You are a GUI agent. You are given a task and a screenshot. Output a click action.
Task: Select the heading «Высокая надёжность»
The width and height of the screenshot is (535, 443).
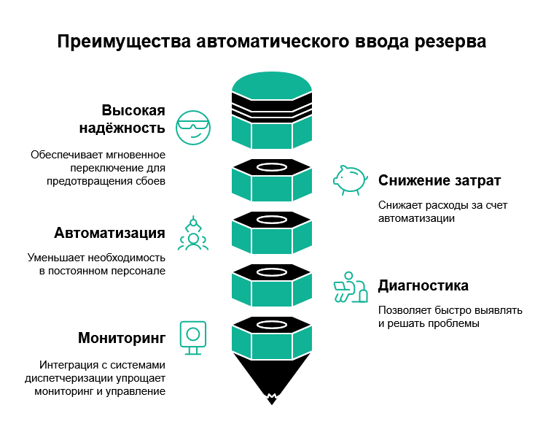[133, 120]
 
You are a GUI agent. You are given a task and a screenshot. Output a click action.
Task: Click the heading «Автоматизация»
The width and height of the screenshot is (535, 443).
[109, 234]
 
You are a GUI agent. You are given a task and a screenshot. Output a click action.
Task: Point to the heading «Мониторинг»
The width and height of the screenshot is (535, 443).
[122, 339]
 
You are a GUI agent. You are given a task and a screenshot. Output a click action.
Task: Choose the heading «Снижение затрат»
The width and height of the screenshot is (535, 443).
[440, 180]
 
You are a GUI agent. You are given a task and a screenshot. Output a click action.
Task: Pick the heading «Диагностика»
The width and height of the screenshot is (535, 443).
[423, 285]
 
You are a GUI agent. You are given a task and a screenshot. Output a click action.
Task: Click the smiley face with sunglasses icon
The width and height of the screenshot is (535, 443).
[193, 128]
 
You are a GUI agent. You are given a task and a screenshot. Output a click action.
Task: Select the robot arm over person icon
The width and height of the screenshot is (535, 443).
[193, 234]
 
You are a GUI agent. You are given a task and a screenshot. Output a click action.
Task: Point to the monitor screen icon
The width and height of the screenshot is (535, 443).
[193, 338]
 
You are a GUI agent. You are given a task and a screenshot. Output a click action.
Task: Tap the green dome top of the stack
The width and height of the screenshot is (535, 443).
[272, 82]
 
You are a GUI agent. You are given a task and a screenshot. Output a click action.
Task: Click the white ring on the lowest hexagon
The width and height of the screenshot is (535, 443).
[272, 324]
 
